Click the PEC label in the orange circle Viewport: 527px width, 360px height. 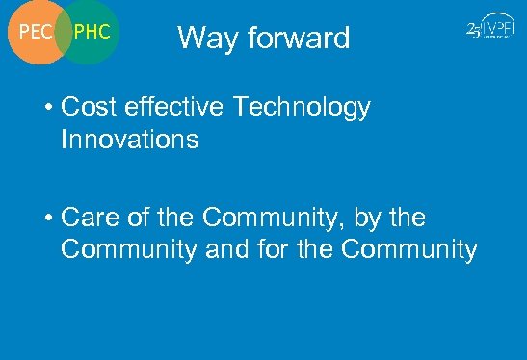pos(35,32)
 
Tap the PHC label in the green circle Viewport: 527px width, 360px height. pos(92,32)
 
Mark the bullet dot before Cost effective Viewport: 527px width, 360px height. pos(46,109)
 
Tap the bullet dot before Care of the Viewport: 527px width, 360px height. pos(46,219)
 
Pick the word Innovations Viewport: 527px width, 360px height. pos(129,140)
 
